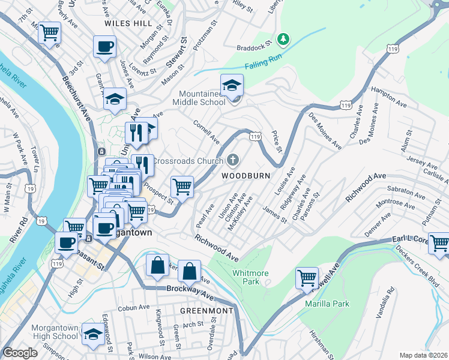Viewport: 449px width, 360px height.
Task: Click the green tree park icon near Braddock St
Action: tap(283, 40)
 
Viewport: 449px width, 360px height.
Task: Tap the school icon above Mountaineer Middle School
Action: tap(232, 85)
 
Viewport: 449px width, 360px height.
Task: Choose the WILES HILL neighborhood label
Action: tap(128, 23)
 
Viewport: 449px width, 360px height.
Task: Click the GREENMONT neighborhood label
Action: tap(206, 310)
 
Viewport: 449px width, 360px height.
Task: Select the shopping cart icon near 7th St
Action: tap(50, 32)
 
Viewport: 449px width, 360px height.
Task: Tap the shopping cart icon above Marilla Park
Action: tap(307, 278)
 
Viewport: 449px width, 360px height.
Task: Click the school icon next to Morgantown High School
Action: tap(93, 335)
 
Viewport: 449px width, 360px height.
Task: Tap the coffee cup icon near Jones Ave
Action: tap(104, 47)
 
